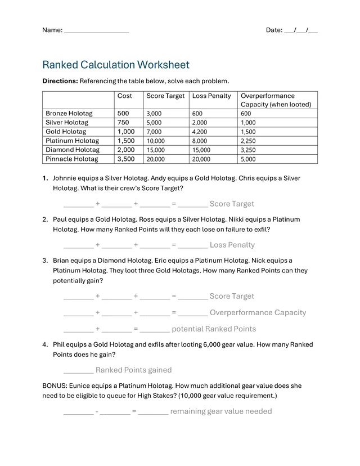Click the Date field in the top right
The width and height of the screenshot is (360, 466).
292,30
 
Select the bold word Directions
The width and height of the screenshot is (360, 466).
60,81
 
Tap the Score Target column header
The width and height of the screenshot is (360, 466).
165,96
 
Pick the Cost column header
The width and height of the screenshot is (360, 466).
125,96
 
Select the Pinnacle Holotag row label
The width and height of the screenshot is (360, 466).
71,159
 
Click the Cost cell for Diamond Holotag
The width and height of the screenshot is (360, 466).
126,150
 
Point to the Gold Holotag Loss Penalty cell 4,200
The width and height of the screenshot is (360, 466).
200,132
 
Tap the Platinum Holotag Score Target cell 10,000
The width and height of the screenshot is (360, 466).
156,141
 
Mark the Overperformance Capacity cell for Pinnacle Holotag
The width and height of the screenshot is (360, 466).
248,159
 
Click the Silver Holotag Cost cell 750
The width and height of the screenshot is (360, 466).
123,123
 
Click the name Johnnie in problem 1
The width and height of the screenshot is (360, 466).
66,178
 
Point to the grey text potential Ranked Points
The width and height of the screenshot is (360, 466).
214,329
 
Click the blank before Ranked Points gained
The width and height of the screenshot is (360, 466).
78,370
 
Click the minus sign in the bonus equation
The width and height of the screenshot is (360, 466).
97,411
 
